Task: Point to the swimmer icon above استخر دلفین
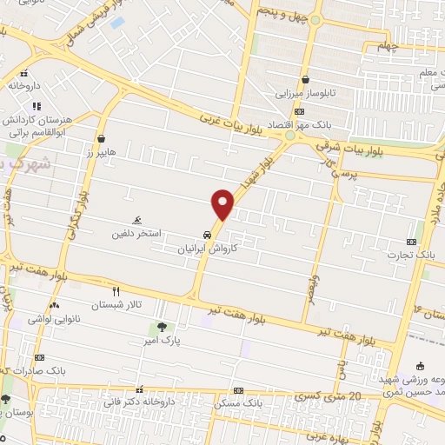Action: (x=136, y=221)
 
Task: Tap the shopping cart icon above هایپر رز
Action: (x=102, y=138)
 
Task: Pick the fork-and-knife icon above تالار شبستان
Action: (x=115, y=292)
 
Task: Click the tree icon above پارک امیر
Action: (x=163, y=327)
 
